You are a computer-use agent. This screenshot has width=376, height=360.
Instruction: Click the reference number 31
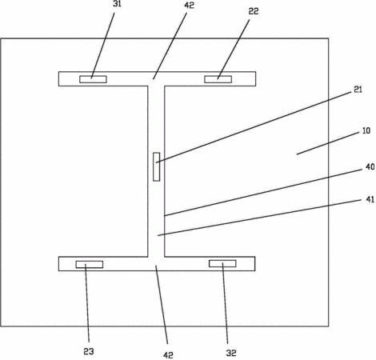click(117, 4)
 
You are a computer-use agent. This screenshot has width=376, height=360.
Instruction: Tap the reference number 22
click(254, 11)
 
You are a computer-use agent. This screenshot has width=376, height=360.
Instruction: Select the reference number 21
click(358, 90)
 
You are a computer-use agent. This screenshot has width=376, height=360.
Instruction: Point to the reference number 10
click(366, 130)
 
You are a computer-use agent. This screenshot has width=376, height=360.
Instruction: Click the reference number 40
click(370, 167)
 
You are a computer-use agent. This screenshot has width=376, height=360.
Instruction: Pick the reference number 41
click(370, 199)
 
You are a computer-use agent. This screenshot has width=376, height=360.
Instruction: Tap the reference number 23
click(89, 351)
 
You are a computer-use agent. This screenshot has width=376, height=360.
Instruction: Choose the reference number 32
click(231, 353)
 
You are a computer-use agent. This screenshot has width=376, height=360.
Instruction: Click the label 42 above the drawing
click(189, 6)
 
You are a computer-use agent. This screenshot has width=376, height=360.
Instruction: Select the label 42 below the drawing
click(168, 355)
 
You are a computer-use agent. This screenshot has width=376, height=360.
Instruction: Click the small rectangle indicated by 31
click(93, 79)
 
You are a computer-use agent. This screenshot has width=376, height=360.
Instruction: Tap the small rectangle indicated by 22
click(218, 79)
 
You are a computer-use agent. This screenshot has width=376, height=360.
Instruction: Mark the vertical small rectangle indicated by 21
click(157, 166)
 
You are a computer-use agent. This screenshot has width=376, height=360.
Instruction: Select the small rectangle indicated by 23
click(90, 264)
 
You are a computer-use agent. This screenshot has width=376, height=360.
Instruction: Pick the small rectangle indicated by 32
click(222, 263)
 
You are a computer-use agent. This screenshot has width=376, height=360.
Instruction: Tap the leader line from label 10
click(327, 144)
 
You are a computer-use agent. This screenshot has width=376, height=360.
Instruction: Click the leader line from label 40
click(263, 192)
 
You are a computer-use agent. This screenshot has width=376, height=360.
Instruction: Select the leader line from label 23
click(87, 303)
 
